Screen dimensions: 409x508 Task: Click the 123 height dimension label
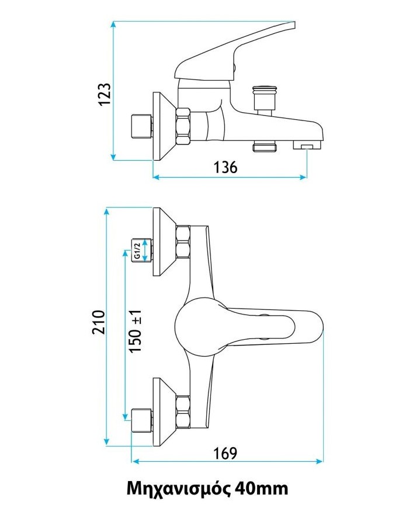pos(105,94)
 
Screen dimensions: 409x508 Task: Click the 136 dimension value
pos(226,168)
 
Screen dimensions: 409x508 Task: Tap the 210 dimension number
pos(98,322)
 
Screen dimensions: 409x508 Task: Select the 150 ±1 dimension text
pos(135,331)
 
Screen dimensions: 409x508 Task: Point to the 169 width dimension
pos(225,453)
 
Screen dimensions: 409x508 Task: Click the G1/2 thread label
pos(137,250)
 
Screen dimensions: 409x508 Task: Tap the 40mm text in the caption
pos(262,488)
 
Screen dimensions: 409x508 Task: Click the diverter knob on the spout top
pos(265,97)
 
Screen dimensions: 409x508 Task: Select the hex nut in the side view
pos(183,126)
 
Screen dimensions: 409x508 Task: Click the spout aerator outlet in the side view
pos(307,144)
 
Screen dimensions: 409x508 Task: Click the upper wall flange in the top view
pos(164,242)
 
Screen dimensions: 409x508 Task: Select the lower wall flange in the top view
pos(164,412)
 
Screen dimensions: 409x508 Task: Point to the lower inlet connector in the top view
pos(142,420)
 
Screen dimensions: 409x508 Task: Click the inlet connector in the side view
pos(142,126)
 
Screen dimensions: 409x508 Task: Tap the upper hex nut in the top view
pos(183,242)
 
